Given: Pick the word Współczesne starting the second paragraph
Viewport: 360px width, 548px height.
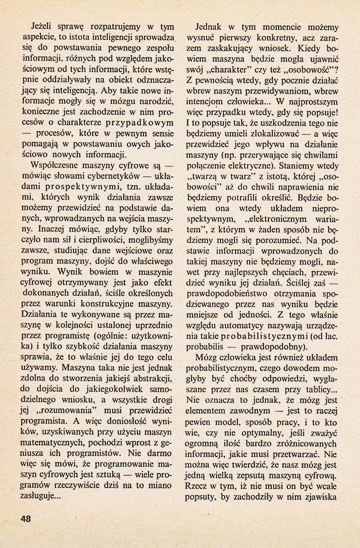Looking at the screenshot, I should click(57, 166).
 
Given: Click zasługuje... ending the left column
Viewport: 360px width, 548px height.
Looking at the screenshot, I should click(42, 496).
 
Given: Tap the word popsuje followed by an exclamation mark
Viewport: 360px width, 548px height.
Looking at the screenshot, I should click(321, 113).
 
